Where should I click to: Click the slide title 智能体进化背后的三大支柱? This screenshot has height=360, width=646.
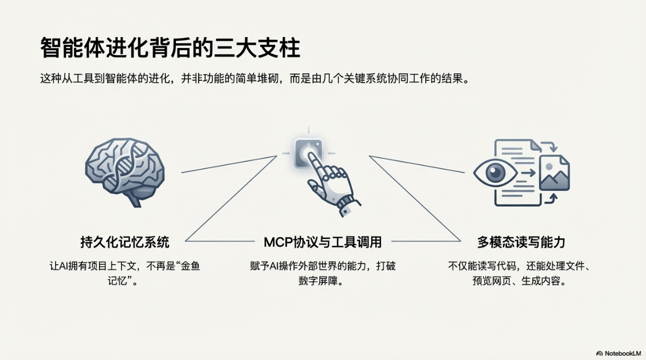[x=170, y=48]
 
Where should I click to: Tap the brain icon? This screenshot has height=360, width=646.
[x=125, y=172]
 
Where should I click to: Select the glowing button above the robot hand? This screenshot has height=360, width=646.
[x=308, y=153]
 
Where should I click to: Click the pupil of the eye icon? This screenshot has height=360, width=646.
[x=495, y=173]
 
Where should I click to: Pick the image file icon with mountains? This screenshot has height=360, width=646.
[x=554, y=173]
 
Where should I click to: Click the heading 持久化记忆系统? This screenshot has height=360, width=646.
[x=124, y=242]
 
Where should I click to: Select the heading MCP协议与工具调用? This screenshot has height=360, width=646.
[x=322, y=242]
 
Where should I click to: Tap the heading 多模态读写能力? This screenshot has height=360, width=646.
[x=521, y=242]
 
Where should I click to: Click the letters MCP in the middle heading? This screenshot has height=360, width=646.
[x=278, y=242]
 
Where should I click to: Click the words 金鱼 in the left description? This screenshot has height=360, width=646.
[x=190, y=266]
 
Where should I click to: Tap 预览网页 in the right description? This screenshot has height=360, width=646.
[x=491, y=281]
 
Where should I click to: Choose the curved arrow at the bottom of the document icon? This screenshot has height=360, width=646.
[x=551, y=199]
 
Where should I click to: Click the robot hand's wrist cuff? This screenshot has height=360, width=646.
[x=348, y=206]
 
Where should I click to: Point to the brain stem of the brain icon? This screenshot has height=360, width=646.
[x=135, y=199]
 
